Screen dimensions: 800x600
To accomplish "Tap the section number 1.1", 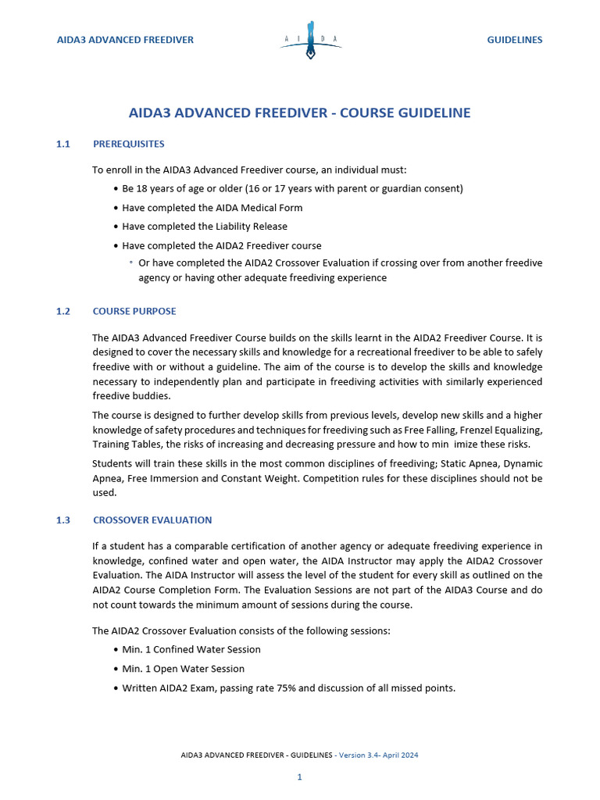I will tap(63, 144).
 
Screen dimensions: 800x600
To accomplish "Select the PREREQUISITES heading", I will tap(128, 144).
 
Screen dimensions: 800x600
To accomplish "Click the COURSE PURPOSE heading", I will tap(134, 311).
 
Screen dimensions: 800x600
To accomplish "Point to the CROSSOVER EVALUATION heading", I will tap(152, 520).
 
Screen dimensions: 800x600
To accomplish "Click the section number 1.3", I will tap(63, 520).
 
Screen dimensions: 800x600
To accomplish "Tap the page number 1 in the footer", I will tap(299, 777).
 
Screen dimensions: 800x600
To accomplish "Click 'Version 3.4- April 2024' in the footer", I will tap(385, 755).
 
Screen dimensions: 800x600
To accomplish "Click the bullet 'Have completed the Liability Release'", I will tap(205, 227).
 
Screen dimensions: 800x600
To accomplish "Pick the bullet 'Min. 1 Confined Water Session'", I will tap(191, 649).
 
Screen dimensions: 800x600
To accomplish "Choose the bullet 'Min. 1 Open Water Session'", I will tap(184, 669).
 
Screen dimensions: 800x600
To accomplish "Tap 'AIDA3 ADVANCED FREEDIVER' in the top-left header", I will tap(125, 40).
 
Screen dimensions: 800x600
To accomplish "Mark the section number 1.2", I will tap(63, 311).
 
